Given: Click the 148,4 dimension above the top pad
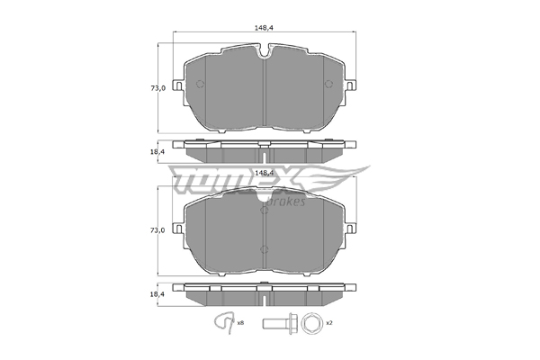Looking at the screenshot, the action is click(x=264, y=28).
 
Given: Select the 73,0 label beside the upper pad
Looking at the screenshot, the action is click(x=157, y=88).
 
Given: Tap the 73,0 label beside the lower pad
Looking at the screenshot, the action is click(x=157, y=230).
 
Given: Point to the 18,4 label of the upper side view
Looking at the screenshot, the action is click(x=157, y=151).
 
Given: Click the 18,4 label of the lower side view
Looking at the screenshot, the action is click(x=157, y=294).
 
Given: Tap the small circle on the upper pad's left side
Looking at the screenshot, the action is click(x=200, y=84).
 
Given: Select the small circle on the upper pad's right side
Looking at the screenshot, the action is click(x=328, y=84).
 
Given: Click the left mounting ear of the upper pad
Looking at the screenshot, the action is click(x=177, y=85).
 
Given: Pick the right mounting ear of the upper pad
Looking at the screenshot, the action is click(x=351, y=85).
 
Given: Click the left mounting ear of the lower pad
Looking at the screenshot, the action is click(x=177, y=229).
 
